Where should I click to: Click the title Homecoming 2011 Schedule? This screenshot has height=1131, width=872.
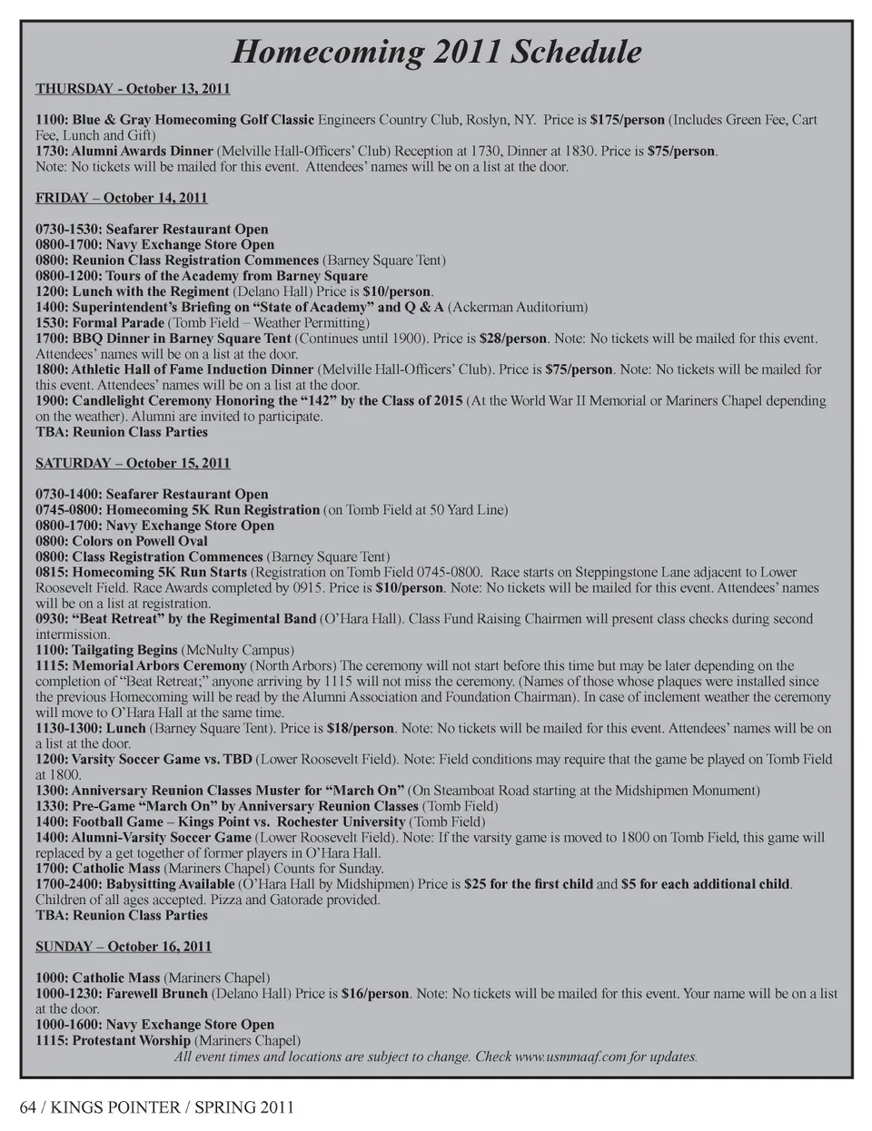[436, 52]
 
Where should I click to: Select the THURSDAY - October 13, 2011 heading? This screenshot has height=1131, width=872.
[133, 89]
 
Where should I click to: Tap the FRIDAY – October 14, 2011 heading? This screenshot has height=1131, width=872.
[122, 198]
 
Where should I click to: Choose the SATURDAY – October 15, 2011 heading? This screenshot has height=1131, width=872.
[133, 463]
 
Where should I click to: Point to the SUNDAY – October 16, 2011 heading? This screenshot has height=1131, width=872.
[124, 947]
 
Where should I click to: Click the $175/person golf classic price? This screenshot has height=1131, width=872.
[627, 120]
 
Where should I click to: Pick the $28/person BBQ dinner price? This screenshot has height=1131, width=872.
[513, 339]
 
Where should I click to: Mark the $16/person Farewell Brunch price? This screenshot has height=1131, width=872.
[375, 994]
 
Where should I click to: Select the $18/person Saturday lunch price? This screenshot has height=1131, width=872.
[361, 728]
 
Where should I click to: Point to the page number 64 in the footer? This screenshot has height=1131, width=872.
[30, 1107]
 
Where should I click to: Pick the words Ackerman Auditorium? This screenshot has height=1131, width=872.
[518, 308]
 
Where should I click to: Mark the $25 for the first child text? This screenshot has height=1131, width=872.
[529, 884]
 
